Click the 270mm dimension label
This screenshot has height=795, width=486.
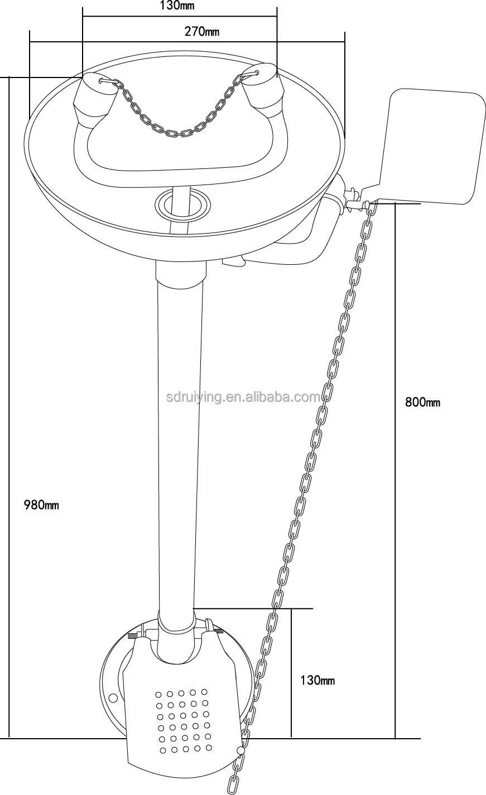point(201,32)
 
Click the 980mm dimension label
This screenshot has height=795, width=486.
point(41,506)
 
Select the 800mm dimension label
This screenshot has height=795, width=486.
point(422,402)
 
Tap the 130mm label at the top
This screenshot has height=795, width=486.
point(177,6)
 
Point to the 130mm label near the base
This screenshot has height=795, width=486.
point(317,680)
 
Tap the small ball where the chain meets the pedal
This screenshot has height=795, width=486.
point(241,752)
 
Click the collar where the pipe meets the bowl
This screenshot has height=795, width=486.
point(180,272)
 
